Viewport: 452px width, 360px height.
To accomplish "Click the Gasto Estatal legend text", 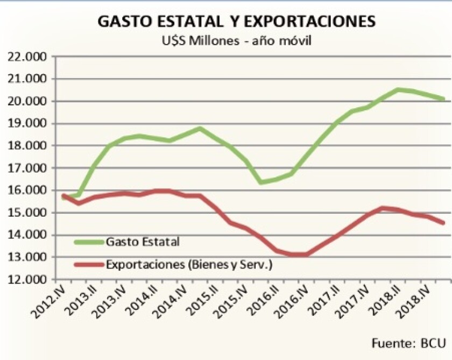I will point(143,241).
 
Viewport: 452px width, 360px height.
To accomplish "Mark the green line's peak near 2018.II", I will point(398,89).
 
